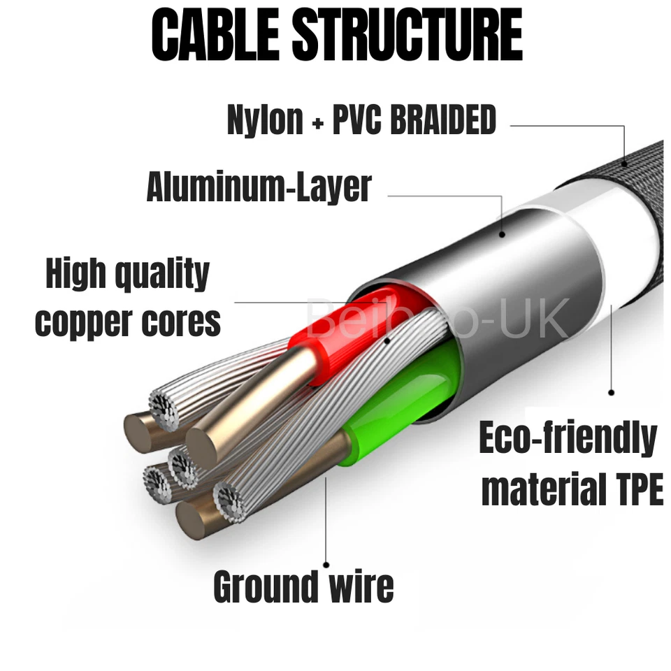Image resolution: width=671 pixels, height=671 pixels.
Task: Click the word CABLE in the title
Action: [214, 35]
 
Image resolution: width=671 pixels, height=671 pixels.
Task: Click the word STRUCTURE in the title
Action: [408, 35]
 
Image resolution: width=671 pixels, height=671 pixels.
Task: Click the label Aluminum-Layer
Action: [259, 187]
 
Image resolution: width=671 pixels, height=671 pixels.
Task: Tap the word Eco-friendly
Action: [568, 439]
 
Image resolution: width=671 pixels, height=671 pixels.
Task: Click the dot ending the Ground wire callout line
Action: [326, 563]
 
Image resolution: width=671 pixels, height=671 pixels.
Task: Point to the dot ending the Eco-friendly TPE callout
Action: [612, 392]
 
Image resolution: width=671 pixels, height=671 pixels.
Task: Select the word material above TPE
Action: [535, 489]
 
